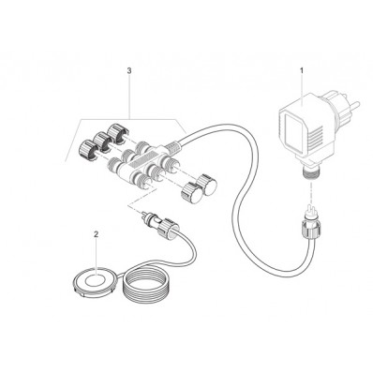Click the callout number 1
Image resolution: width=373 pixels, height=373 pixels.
click(302, 70)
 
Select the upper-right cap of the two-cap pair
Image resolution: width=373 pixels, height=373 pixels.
click(201, 182)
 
